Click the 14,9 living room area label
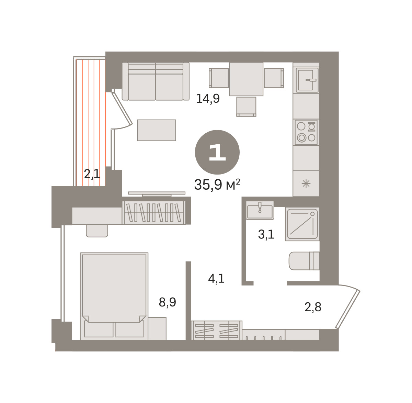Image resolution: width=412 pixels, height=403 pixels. tap(208, 99)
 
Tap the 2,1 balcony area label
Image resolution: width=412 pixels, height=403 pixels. tap(92, 174)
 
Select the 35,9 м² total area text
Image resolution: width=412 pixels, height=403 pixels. tap(217, 184)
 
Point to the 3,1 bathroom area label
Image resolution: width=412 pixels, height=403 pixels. tap(266, 235)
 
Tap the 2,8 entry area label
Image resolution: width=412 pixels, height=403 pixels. tap(313, 307)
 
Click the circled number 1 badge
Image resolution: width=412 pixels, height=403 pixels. tap(217, 152)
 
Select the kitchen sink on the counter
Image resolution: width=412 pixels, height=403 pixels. tap(307, 80)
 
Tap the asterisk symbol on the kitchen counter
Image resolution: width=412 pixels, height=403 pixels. tap(306, 183)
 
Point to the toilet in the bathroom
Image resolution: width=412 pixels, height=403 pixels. tap(304, 261)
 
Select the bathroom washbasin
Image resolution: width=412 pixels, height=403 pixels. tap(260, 210)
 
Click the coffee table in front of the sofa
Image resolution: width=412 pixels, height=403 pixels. tap(157, 130)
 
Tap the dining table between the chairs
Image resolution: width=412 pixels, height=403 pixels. tap(246, 79)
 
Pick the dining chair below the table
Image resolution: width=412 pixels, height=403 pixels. tap(246, 107)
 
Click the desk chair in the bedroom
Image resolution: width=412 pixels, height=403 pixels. tap(97, 231)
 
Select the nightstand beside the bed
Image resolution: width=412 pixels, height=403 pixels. tap(157, 328)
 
